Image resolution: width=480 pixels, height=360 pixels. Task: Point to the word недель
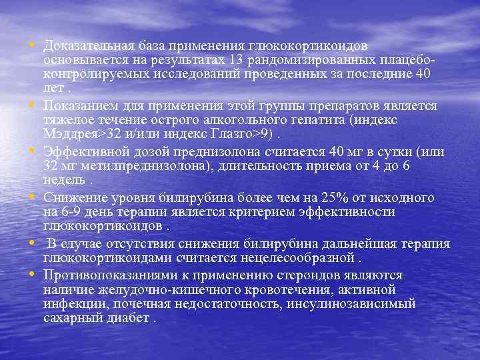click(63, 179)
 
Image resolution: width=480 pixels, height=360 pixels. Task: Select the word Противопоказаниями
click(107, 276)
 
